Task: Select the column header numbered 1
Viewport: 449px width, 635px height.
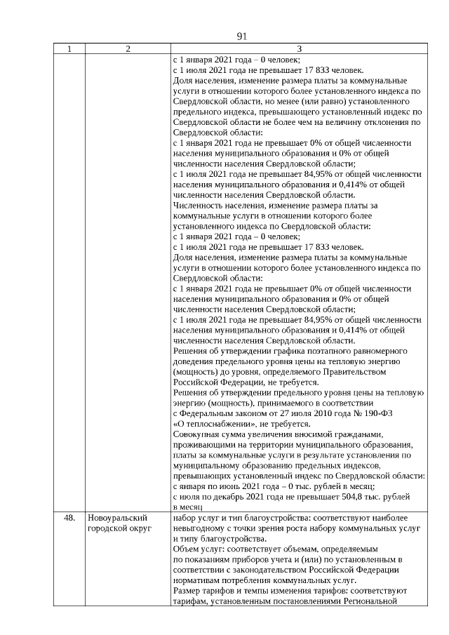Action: click(69, 49)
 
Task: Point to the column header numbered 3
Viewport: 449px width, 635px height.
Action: click(299, 49)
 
